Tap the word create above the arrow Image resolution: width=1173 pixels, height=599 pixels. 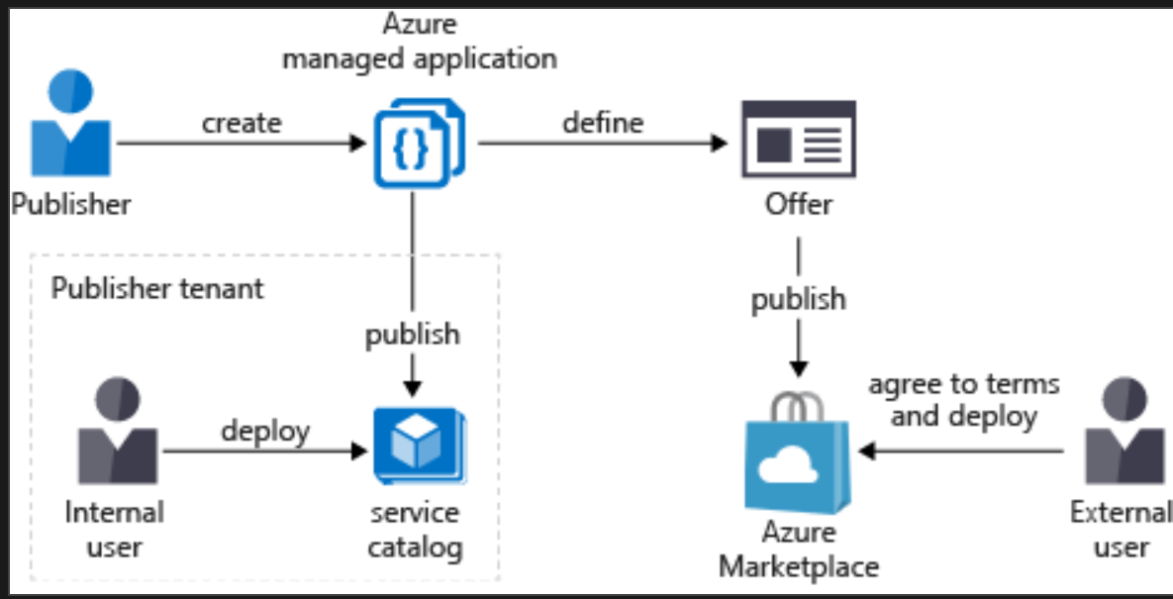click(242, 123)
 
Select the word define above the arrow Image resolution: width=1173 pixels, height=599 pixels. click(603, 123)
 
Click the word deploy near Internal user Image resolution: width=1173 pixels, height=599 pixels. click(264, 432)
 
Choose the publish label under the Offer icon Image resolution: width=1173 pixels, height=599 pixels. click(798, 299)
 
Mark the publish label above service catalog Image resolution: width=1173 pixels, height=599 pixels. click(413, 334)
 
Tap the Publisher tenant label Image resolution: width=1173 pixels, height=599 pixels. click(157, 288)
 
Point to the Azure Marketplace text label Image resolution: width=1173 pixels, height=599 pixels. click(798, 549)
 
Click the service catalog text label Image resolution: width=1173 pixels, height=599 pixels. click(415, 530)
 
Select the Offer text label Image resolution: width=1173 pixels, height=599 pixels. click(798, 205)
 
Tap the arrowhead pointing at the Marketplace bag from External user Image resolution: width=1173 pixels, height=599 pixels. click(866, 452)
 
